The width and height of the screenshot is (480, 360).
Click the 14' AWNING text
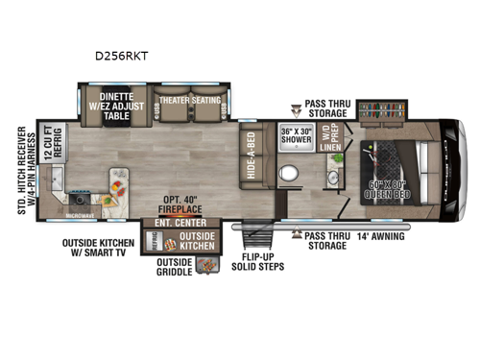coord(381,234)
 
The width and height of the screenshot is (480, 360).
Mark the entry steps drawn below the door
coord(256,239)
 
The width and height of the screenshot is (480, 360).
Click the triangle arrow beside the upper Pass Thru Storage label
coord(295,111)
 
